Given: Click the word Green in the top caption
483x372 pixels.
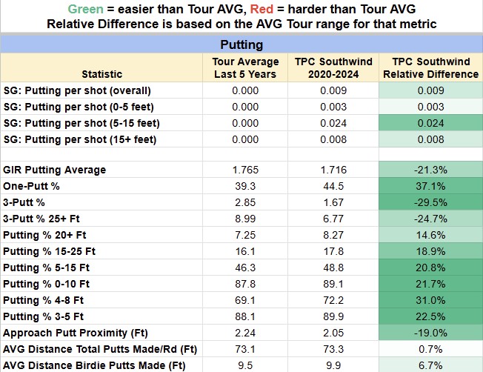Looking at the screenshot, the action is (85, 9).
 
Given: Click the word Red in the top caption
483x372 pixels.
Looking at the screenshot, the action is (262, 9).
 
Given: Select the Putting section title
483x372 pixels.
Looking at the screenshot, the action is (242, 45).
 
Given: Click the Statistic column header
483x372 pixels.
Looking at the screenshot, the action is (102, 74).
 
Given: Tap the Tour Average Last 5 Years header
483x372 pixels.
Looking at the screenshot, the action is (245, 67).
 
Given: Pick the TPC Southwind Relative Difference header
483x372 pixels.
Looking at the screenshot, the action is (431, 67).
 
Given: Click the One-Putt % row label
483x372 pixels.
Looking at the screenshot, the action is (31, 186).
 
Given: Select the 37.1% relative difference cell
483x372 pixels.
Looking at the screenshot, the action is (430, 186).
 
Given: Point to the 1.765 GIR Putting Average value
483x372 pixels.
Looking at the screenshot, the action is (245, 170).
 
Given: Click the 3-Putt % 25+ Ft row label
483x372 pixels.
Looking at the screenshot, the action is (41, 219).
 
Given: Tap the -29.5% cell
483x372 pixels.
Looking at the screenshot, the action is (430, 202).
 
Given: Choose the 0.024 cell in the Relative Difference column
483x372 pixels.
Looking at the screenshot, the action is (430, 123).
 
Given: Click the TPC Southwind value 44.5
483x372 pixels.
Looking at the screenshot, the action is (333, 186).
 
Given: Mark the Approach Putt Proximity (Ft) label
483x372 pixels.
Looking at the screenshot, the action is (76, 333).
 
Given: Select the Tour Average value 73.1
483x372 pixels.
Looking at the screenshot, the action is (245, 349).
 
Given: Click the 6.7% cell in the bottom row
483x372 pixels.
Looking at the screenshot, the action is (430, 365).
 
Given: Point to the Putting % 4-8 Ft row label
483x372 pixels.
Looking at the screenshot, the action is (43, 300).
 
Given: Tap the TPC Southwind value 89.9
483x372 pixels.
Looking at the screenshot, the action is (333, 316).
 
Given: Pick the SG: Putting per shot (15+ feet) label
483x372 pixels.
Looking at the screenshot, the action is (80, 139).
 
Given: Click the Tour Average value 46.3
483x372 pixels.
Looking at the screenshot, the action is (245, 268).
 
